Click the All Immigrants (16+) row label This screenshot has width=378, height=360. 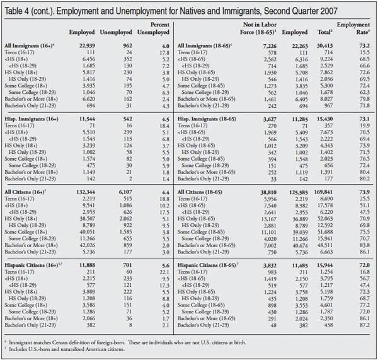(27, 45)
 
